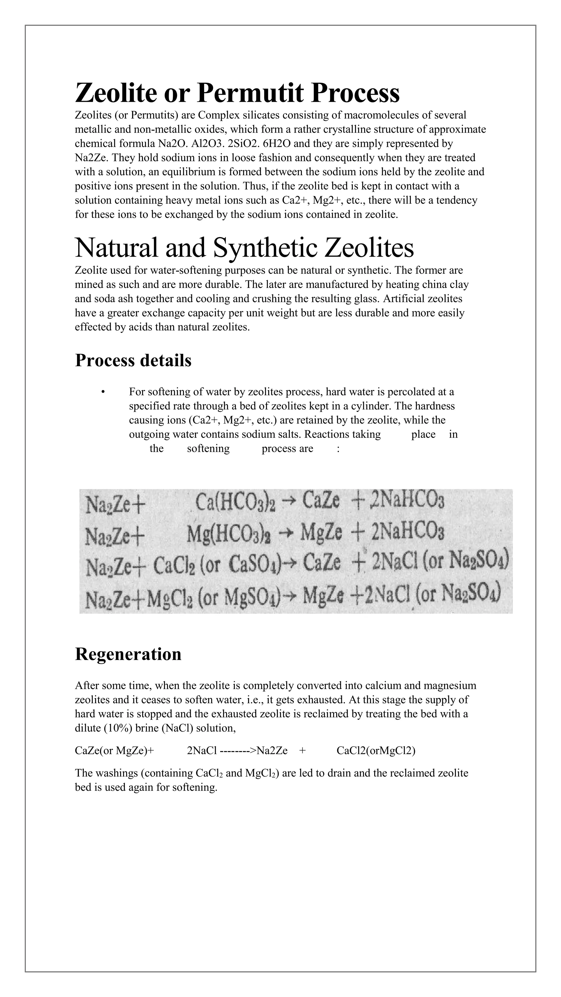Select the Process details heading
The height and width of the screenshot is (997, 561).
click(133, 360)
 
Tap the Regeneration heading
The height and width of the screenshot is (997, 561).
click(128, 654)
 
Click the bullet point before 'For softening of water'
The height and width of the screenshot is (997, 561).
click(103, 392)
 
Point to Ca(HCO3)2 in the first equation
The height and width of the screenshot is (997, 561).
click(235, 502)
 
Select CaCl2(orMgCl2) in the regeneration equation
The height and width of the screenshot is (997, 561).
click(376, 751)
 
